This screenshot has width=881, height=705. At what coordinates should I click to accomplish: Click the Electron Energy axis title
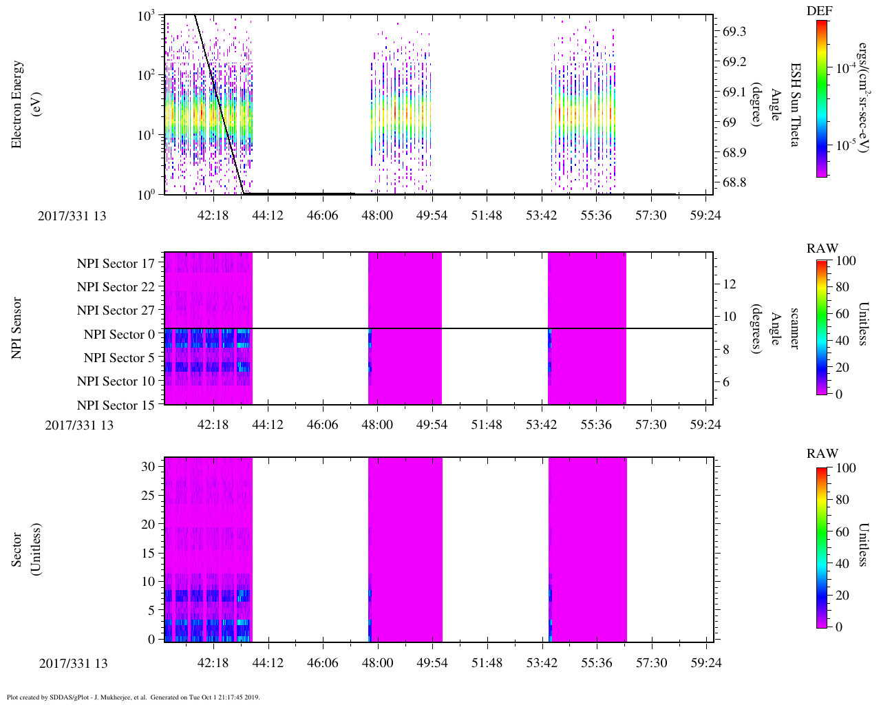coord(18,104)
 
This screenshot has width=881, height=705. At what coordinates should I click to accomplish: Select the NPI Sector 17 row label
coord(116,264)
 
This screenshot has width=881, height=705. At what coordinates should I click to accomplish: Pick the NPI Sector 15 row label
coord(116,406)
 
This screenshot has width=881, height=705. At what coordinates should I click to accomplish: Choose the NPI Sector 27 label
coord(116,311)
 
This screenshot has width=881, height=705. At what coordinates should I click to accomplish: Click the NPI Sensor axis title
coord(18,328)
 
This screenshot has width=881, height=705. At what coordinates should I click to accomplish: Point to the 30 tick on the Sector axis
coord(148,466)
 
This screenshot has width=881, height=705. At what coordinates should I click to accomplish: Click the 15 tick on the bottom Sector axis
coord(148,553)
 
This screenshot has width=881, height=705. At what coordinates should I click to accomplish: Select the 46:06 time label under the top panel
coord(322,215)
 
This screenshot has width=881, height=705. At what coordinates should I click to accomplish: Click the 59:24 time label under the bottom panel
coord(705,663)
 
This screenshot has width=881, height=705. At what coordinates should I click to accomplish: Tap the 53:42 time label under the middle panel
coord(542,425)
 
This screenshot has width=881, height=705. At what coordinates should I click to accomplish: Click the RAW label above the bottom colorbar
coord(822,454)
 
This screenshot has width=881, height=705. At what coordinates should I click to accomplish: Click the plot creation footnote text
coord(133,697)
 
